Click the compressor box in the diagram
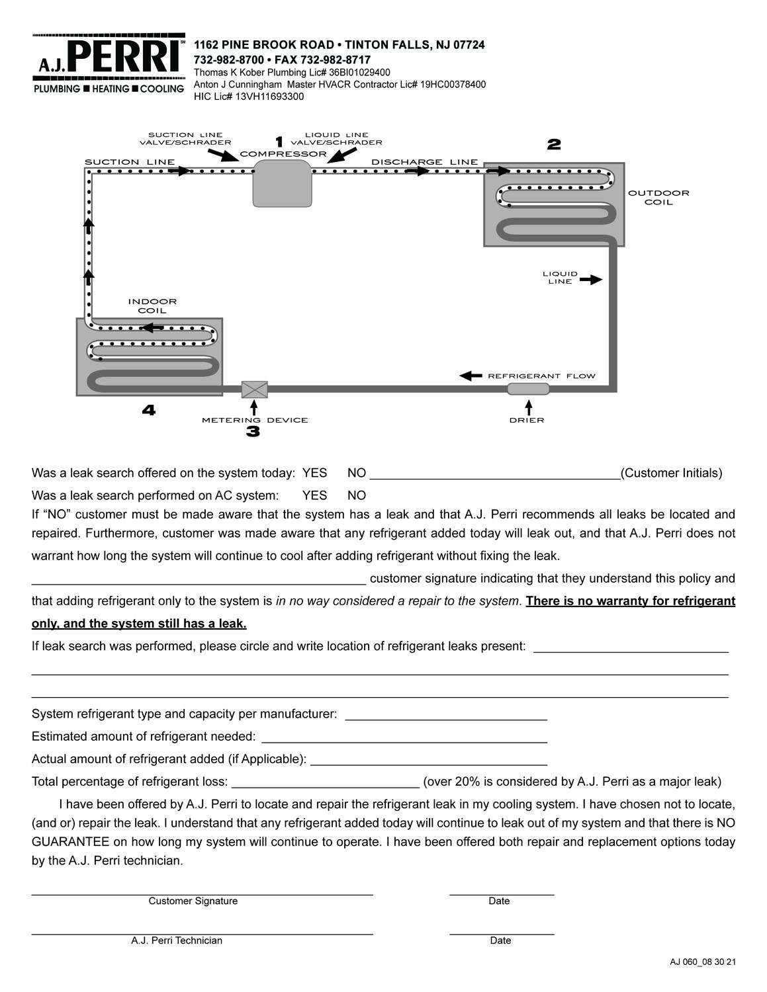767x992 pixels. [x=283, y=183]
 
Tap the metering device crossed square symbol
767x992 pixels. [x=255, y=390]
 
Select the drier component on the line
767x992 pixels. [x=528, y=389]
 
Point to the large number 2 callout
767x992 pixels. [x=554, y=144]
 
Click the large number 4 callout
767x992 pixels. [x=149, y=411]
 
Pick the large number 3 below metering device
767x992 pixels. [x=253, y=432]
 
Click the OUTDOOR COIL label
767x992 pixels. [x=658, y=198]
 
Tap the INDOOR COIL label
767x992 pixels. [x=152, y=306]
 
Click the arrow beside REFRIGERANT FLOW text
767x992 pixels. [x=471, y=376]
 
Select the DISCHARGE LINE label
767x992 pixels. [x=424, y=162]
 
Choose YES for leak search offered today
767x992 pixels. [x=314, y=473]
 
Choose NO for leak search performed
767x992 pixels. [x=357, y=495]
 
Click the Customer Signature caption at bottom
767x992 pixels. [x=193, y=901]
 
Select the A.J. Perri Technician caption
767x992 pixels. [x=177, y=940]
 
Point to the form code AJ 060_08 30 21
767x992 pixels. [x=703, y=962]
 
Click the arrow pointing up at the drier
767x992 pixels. [x=528, y=405]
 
